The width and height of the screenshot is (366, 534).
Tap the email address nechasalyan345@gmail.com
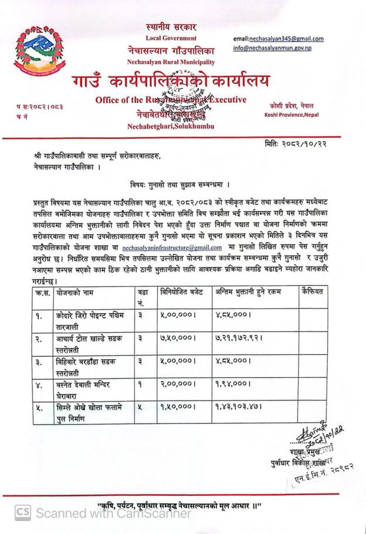click(x=278, y=39)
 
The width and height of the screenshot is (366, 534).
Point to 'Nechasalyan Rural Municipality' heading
click(x=171, y=62)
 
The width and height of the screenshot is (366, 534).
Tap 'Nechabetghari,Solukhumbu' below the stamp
click(x=171, y=126)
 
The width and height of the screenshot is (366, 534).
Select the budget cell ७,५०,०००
click(x=177, y=341)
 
